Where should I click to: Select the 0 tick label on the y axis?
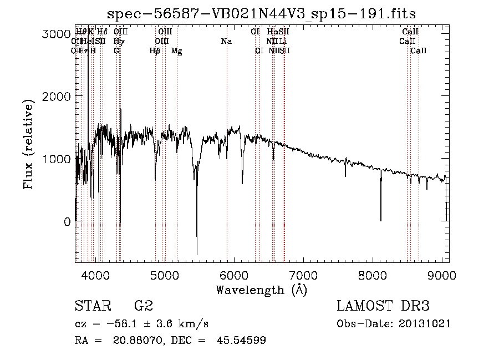[x=67, y=222]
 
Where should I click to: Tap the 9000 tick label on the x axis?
[x=442, y=275]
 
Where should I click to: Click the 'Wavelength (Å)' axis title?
[x=261, y=290]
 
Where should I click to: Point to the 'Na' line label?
[x=226, y=41]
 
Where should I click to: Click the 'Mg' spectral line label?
[x=176, y=51]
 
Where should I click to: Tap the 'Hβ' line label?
[x=155, y=51]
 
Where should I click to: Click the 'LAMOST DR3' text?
[x=383, y=306]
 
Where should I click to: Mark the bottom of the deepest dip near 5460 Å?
[x=197, y=255]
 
